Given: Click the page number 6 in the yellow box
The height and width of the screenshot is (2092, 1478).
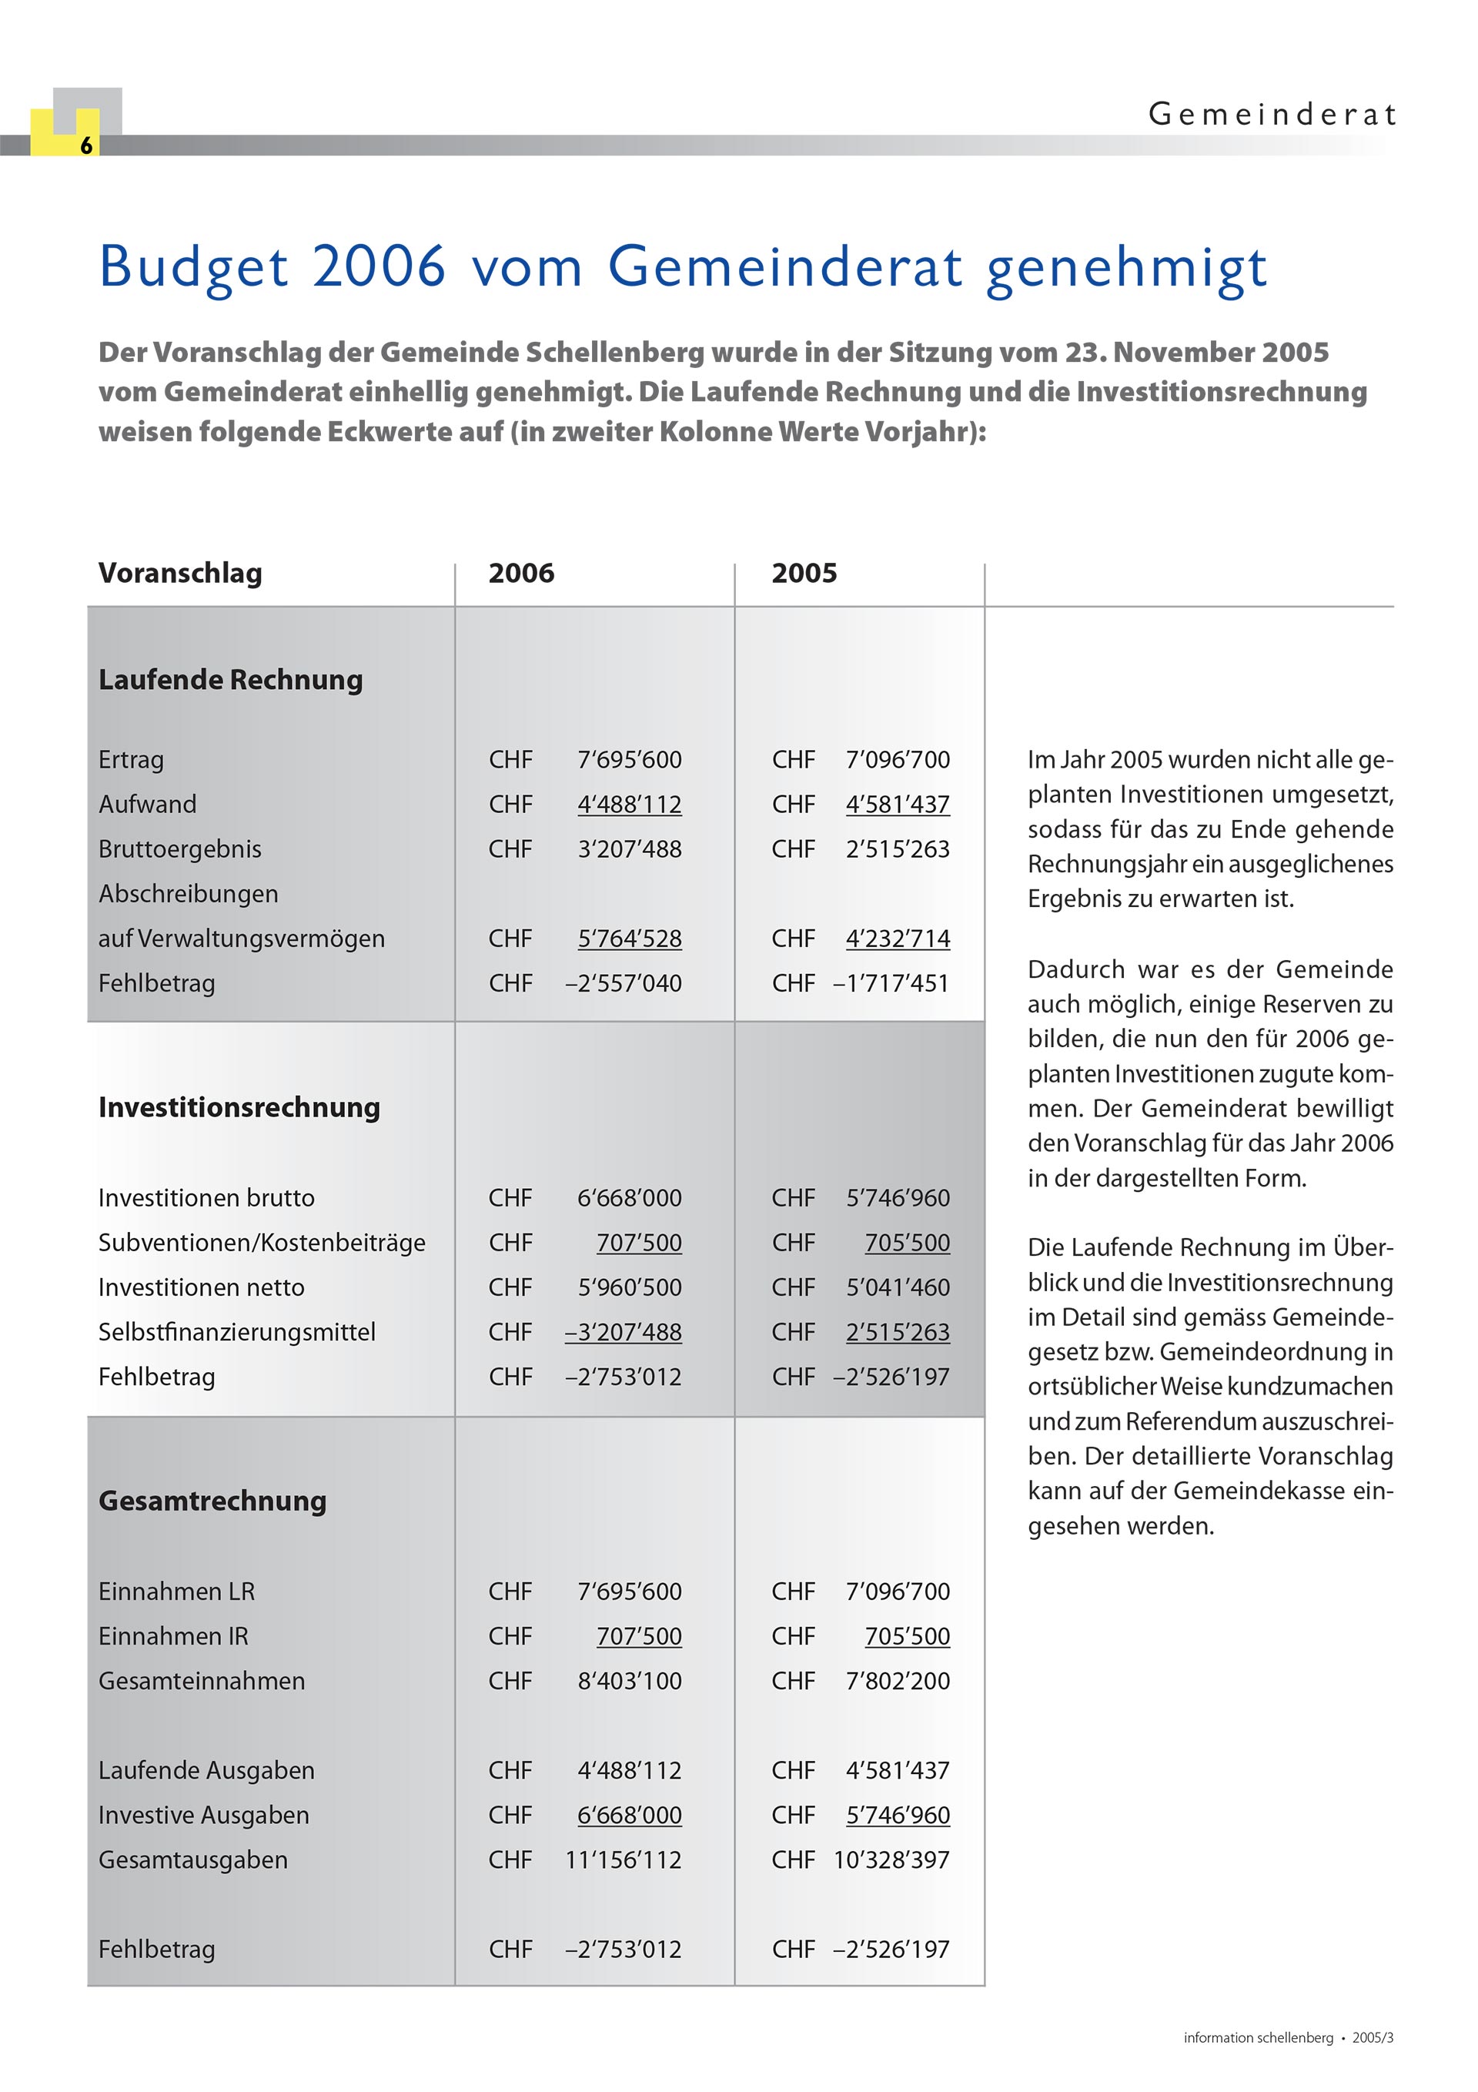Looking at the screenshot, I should (x=85, y=146).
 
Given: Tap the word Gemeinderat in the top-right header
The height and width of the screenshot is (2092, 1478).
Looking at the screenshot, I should (x=1271, y=115).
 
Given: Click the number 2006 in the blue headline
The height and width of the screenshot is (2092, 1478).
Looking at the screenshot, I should (x=378, y=266).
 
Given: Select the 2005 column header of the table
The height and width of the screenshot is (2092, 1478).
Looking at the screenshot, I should (x=804, y=573).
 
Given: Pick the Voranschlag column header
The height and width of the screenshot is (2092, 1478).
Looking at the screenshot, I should (x=180, y=573).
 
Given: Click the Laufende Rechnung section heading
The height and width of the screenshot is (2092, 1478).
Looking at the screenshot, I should (x=230, y=680).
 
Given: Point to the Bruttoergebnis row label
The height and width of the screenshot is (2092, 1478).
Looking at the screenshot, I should (x=179, y=849).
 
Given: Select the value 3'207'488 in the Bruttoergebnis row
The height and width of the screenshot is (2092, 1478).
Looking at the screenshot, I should (x=629, y=849).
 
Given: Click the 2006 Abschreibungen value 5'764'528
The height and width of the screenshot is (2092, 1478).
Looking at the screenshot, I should (x=629, y=939).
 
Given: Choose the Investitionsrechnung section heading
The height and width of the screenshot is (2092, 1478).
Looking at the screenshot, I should (x=239, y=1107).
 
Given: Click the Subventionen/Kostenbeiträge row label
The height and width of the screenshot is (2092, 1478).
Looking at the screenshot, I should (x=262, y=1243).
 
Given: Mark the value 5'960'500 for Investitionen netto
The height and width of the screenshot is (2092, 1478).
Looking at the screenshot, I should (x=629, y=1287).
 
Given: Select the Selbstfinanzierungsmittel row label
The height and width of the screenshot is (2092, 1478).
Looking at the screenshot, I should (x=236, y=1332).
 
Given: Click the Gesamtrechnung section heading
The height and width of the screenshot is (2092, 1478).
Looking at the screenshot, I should (x=212, y=1501).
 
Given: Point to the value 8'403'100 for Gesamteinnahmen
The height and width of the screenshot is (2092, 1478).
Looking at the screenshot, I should (x=629, y=1681).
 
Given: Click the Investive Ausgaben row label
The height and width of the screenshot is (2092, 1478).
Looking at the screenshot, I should (x=203, y=1815).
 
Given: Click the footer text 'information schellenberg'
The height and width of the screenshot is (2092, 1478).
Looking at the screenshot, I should (x=1258, y=2037).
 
